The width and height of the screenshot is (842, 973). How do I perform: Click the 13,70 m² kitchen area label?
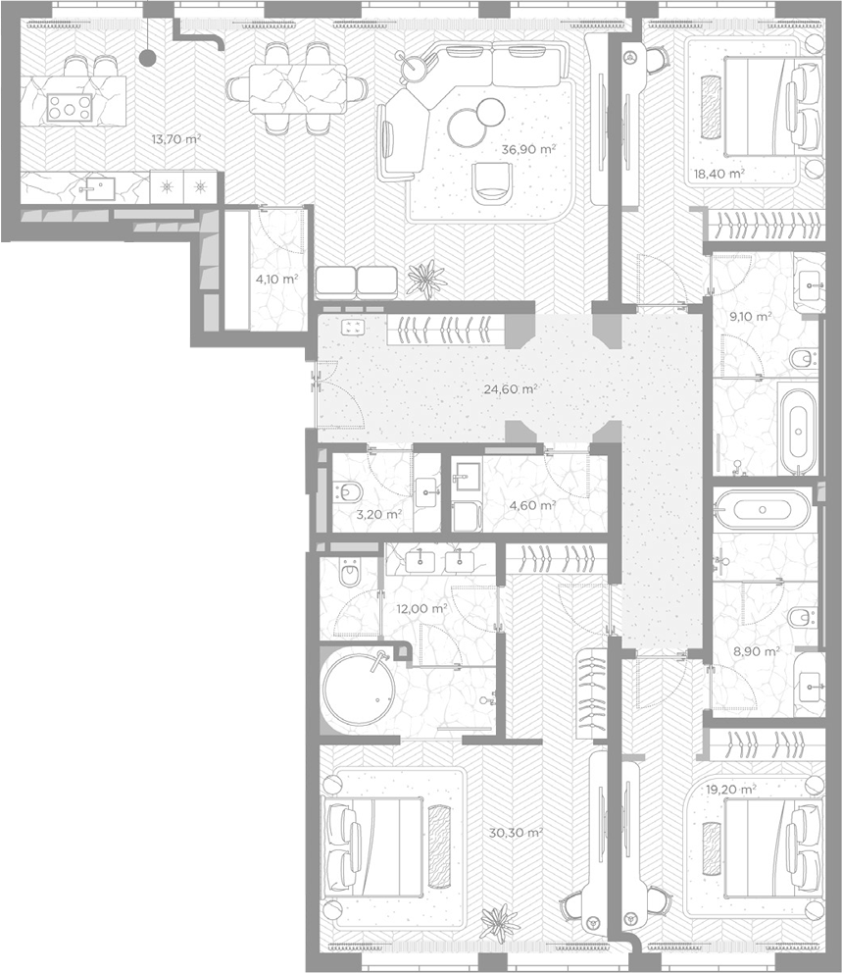(176, 139)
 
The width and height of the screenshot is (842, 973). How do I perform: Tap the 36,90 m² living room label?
(528, 149)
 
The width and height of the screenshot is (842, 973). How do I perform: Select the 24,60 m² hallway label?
(511, 389)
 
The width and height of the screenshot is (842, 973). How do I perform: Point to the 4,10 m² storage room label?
(276, 280)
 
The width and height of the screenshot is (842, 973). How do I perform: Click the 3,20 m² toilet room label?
(378, 514)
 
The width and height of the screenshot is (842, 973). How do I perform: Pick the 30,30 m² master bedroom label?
(516, 833)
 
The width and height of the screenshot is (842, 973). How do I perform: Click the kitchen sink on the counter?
(99, 188)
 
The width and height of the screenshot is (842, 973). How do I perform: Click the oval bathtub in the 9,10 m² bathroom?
(798, 431)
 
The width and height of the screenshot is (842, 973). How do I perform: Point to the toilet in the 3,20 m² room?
(347, 492)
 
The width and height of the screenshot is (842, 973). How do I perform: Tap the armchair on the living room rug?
(492, 183)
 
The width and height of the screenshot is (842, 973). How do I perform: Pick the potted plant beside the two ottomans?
(426, 279)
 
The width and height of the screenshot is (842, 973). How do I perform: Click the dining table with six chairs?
(298, 88)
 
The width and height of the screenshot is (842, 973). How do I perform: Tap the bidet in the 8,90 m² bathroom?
(803, 618)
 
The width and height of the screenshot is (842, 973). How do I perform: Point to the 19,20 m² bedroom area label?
(731, 790)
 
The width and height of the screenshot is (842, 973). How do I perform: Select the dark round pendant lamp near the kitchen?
(148, 58)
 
